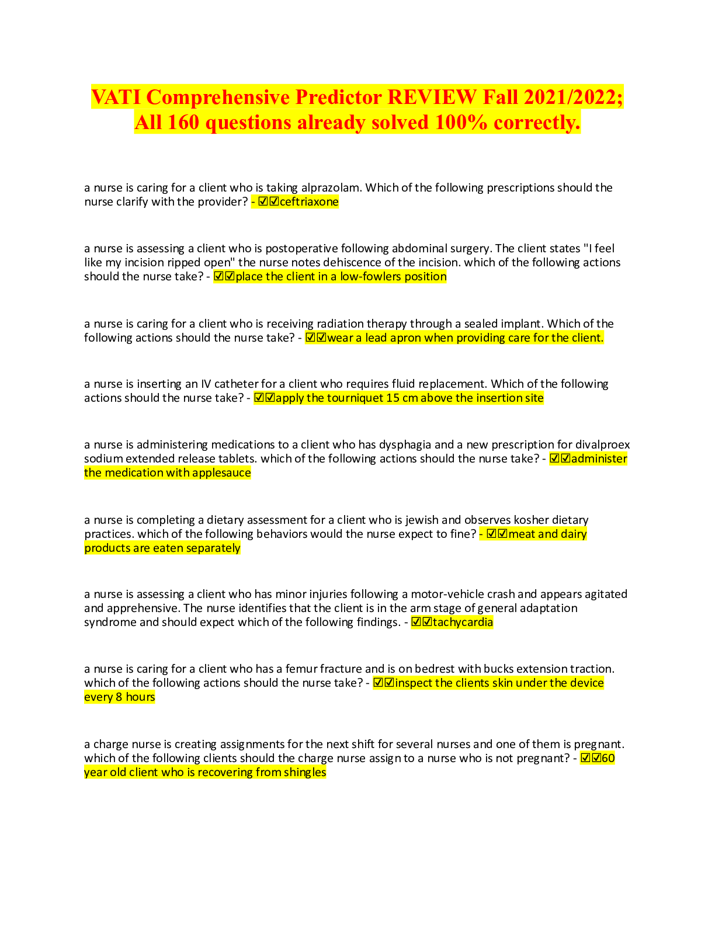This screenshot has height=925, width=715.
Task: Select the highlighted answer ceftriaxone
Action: (309, 202)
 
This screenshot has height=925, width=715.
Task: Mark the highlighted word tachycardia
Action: (463, 623)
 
